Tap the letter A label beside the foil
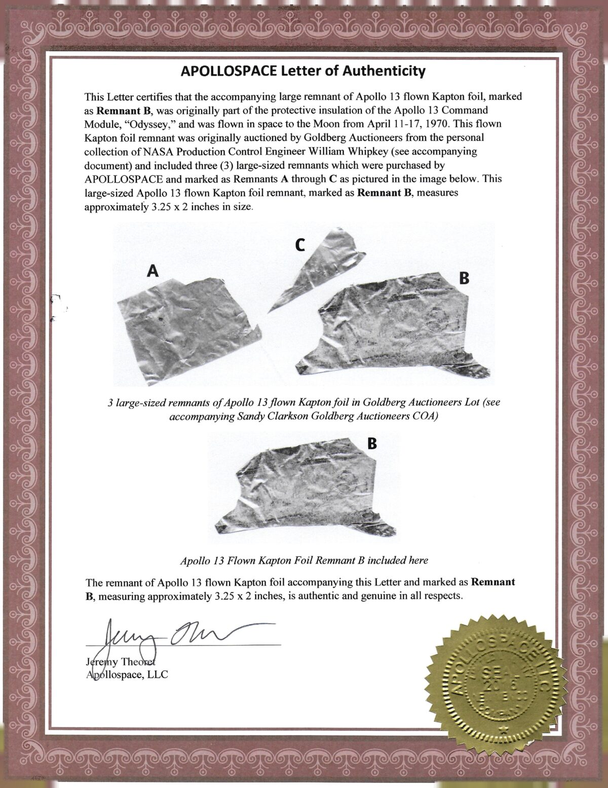pos(153,272)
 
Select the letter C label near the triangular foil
pos(300,246)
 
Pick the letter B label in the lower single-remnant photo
pos(372,444)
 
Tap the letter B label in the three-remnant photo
pos(464,278)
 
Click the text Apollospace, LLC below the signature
pos(127,674)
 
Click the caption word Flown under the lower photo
pos(247,560)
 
